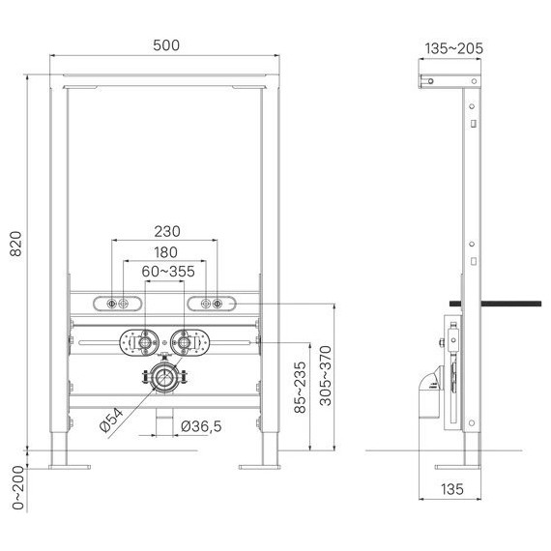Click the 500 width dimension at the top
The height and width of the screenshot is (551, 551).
(164, 46)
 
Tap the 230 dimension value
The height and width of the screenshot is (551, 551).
(164, 231)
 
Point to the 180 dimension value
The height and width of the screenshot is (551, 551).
(164, 252)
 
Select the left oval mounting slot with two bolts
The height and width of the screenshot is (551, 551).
(121, 304)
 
